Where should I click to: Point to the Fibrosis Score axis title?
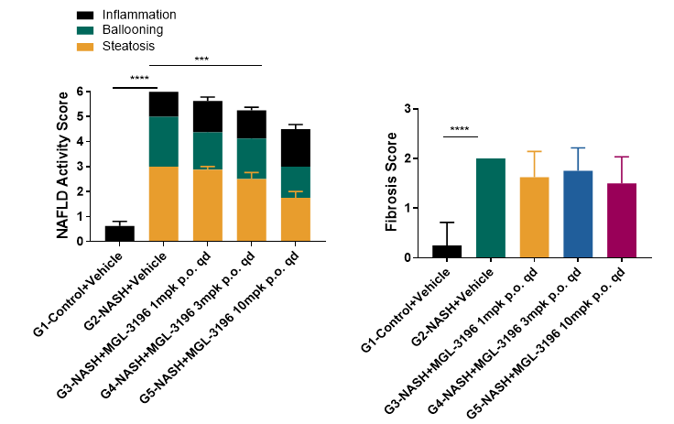[x=391, y=183]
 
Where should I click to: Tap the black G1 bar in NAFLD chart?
[x=120, y=234]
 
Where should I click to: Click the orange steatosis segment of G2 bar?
[x=163, y=203]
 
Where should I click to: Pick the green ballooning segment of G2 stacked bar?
[x=163, y=141]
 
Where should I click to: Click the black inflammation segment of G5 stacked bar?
[x=295, y=147]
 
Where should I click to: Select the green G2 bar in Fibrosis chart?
[x=491, y=208]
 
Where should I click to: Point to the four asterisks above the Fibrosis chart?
[x=460, y=129]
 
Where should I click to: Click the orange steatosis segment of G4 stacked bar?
[x=251, y=210]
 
